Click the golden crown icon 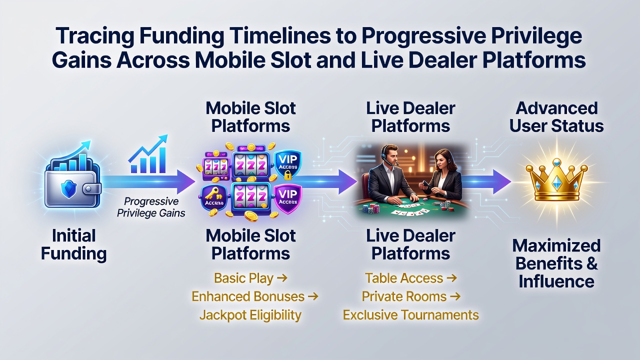tap(556, 179)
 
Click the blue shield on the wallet tap(69, 187)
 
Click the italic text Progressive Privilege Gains tap(151, 207)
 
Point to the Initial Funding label tap(74, 245)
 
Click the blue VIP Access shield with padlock tap(287, 165)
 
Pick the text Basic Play tap(243, 278)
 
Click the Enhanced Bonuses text tap(248, 296)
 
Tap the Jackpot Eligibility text tap(250, 315)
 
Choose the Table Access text tap(404, 278)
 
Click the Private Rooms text tap(404, 296)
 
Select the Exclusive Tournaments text tap(411, 315)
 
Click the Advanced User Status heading tap(556, 117)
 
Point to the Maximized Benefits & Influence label tap(556, 263)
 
